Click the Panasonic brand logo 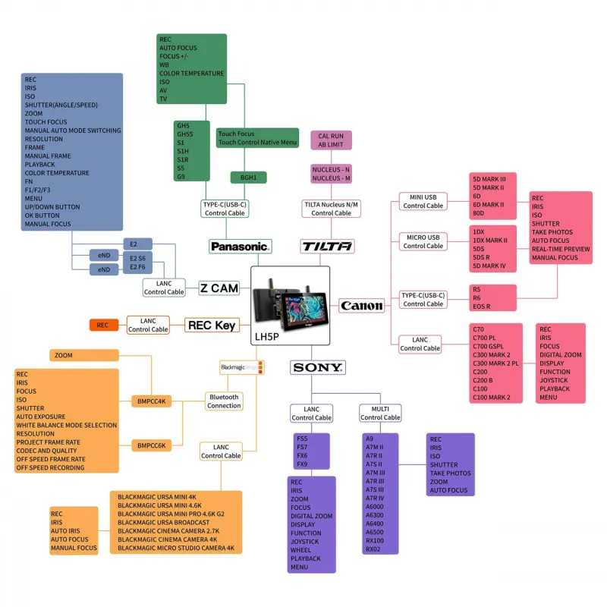241,247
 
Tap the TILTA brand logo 328,247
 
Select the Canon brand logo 362,306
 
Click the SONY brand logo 318,368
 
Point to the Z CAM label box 219,288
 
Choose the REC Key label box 212,326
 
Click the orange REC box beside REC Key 102,326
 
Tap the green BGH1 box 249,178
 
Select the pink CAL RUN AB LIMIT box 331,140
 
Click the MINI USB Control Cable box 423,201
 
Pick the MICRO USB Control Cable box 423,241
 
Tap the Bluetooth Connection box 224,401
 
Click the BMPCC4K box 151,401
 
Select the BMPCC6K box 151,445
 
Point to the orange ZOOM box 85,355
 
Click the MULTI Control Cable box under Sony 380,413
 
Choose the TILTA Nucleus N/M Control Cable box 332,209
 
